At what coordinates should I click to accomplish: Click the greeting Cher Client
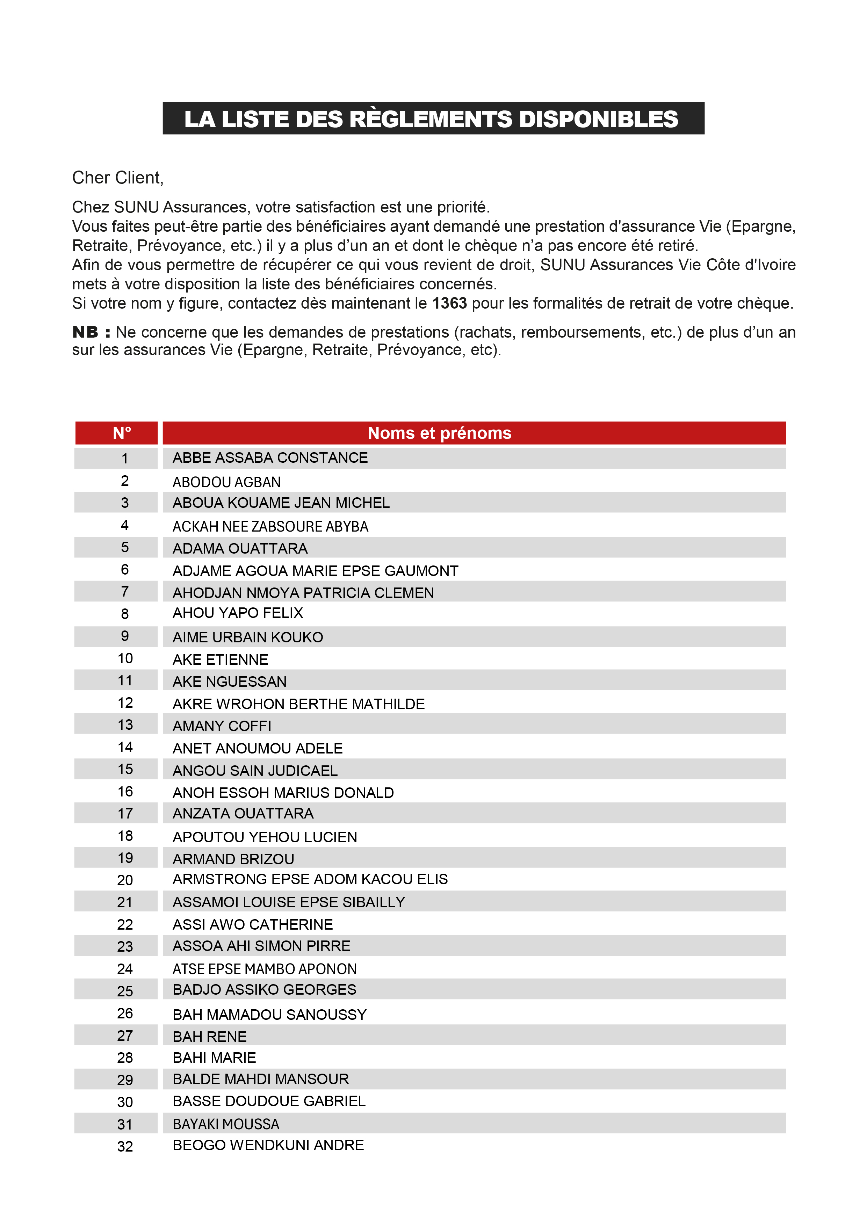tap(117, 178)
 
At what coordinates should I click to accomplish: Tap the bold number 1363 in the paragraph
tap(449, 303)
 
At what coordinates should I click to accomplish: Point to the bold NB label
tap(91, 332)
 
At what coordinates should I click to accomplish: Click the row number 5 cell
tap(124, 547)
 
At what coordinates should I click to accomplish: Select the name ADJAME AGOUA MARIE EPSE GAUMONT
tap(315, 571)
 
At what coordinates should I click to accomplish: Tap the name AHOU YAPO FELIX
tap(238, 613)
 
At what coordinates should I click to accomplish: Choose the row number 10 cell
tap(125, 658)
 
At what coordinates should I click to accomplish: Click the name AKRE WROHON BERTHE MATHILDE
tap(298, 704)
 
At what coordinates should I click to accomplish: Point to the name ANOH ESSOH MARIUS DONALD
tap(283, 793)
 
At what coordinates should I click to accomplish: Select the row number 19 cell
tap(125, 858)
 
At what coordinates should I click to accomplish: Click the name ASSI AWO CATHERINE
tap(253, 924)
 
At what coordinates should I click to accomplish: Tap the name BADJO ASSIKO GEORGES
tap(264, 989)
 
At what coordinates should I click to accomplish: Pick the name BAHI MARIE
tap(214, 1058)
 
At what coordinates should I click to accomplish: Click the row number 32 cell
tap(125, 1146)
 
